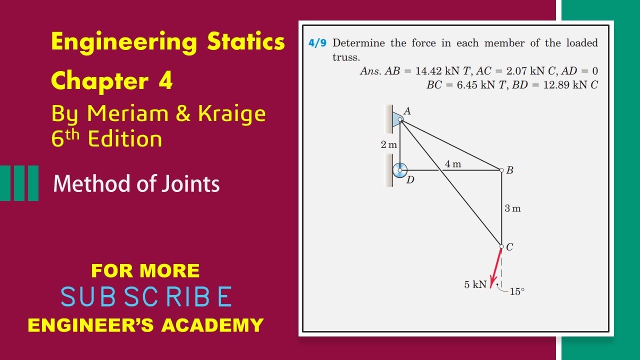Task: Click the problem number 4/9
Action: click(317, 43)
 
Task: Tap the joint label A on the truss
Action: click(407, 111)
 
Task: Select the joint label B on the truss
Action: click(509, 170)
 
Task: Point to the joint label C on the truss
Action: click(509, 247)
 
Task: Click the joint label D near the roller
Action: click(410, 180)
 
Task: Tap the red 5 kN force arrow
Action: click(496, 268)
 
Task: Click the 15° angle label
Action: click(517, 292)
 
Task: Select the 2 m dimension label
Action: click(388, 145)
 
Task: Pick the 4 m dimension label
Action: click(452, 164)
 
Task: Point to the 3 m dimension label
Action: click(512, 208)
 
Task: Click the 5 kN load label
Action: click(475, 284)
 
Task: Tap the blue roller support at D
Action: click(399, 170)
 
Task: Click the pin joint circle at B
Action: click(501, 170)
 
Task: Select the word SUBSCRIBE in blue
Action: click(146, 297)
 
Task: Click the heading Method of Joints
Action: click(136, 184)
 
